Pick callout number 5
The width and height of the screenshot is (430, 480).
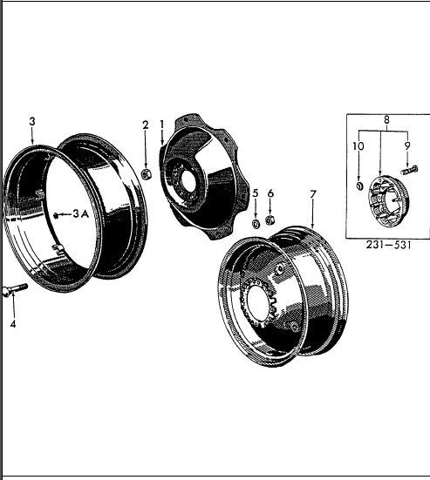(256, 193)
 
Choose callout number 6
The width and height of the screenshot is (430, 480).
(270, 193)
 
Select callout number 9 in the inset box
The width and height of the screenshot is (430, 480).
(405, 147)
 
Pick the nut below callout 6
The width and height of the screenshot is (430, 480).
(270, 220)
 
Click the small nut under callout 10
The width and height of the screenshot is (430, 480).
(359, 185)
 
